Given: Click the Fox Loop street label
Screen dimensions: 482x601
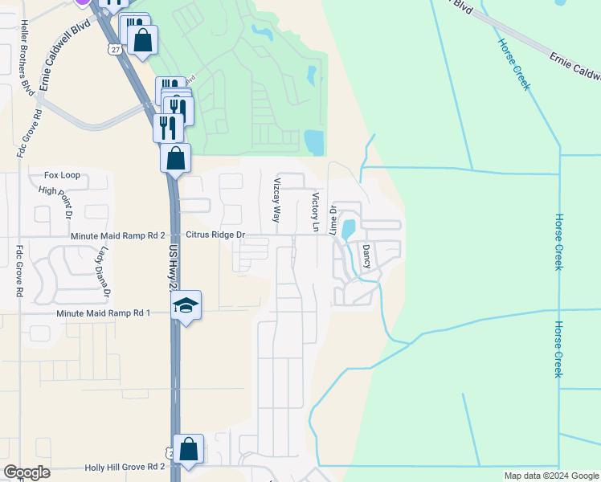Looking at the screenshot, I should [62, 174].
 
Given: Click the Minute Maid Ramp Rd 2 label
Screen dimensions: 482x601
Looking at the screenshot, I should [117, 235].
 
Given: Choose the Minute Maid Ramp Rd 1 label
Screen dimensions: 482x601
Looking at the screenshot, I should [103, 312].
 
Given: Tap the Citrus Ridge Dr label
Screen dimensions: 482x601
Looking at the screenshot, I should [215, 235].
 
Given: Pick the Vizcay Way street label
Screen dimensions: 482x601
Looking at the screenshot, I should [277, 200].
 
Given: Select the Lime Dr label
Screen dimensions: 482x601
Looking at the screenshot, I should [334, 219].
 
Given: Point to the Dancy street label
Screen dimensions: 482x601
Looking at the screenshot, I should [366, 257].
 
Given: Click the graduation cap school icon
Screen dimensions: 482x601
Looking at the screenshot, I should [186, 305].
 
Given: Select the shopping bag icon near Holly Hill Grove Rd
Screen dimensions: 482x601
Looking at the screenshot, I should [188, 450].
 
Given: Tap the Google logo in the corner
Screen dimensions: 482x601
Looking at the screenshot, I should [27, 472].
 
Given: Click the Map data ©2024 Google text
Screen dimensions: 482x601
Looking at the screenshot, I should [550, 476].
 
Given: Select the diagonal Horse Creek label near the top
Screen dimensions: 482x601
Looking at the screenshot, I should [513, 64].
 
